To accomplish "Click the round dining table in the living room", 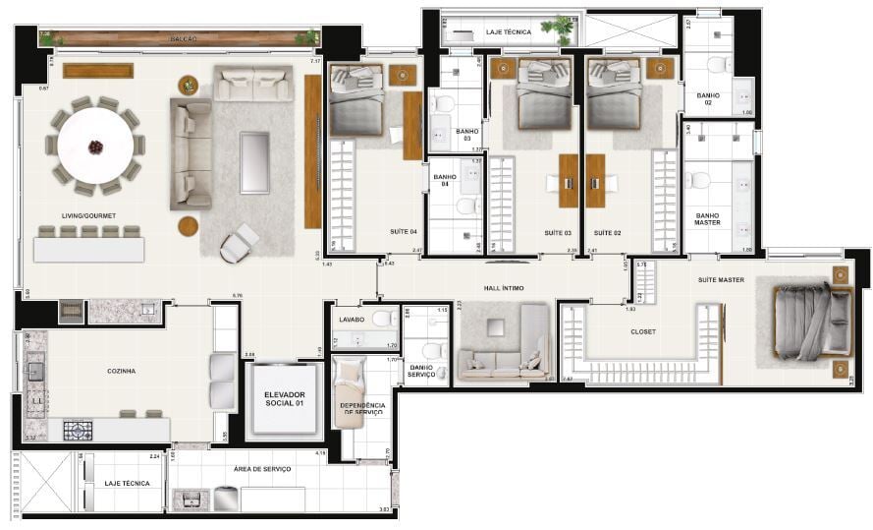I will point(95,146).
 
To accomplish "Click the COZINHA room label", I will point(121,371).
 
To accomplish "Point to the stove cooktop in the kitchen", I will point(78,430).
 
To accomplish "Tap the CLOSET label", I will point(643,331).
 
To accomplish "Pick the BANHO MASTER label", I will point(707,218).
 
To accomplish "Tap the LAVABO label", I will point(352,320).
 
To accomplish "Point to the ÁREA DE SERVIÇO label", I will point(262,469).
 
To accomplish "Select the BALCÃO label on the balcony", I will point(184,38).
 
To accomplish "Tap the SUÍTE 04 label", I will point(403,233).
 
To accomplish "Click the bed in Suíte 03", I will point(537,94).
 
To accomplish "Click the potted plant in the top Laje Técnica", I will point(563,29).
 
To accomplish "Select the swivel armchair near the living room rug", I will point(239,243).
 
